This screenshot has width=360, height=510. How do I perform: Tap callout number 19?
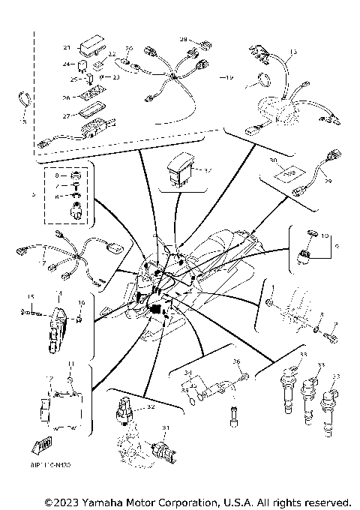229,77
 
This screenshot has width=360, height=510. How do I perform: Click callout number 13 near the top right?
293,51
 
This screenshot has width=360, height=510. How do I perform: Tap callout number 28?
182,39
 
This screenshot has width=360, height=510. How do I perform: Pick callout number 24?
66,64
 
